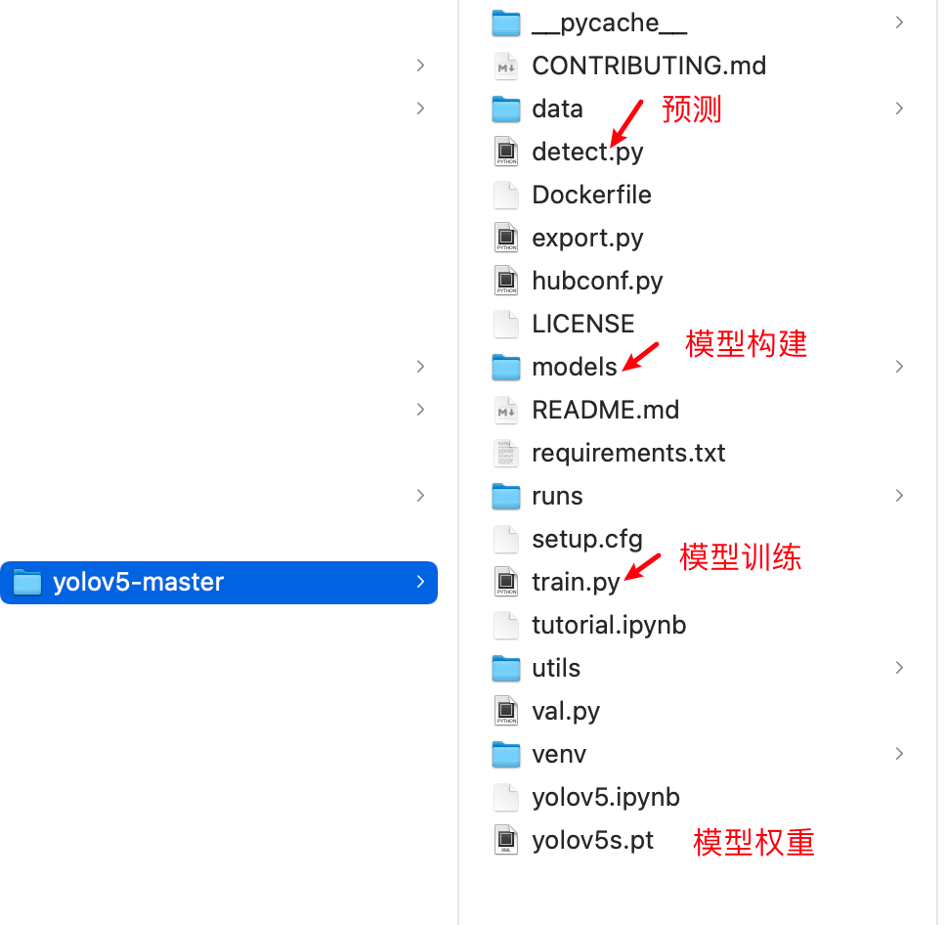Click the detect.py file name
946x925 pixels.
click(x=587, y=153)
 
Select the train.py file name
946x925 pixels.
click(x=576, y=583)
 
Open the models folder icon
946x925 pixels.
click(x=505, y=367)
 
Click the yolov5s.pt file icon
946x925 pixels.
click(x=505, y=840)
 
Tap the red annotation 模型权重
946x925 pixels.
click(x=753, y=842)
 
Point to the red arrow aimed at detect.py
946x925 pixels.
click(x=626, y=123)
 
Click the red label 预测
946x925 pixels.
click(x=691, y=110)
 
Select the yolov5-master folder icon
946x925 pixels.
click(x=27, y=582)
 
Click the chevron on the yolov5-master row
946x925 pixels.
click(x=420, y=582)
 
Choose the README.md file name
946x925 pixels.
click(x=605, y=410)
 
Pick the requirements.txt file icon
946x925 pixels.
click(x=505, y=453)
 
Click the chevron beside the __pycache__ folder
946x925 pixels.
click(x=899, y=22)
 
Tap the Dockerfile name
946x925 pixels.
click(x=591, y=195)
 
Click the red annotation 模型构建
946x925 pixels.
click(x=746, y=343)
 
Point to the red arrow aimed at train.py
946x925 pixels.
click(x=642, y=567)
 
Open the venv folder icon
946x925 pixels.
click(x=505, y=754)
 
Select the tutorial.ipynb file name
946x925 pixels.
click(x=609, y=626)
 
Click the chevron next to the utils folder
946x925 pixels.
click(x=899, y=668)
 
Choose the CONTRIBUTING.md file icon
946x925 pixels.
click(x=505, y=66)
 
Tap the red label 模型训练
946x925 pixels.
click(x=740, y=556)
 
